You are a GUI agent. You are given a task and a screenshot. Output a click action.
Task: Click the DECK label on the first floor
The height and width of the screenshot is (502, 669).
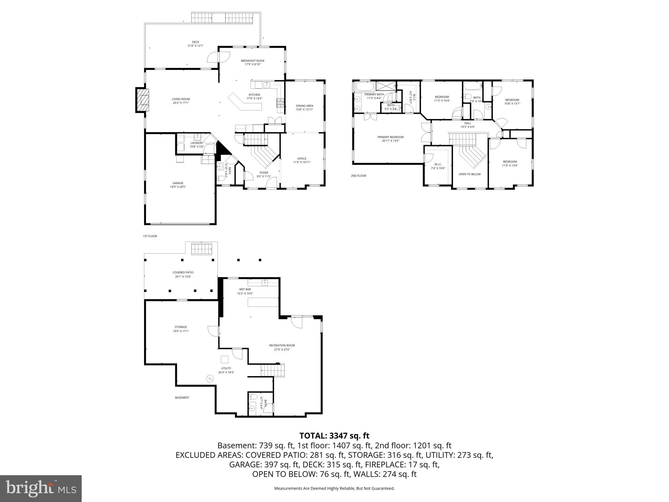point(195,42)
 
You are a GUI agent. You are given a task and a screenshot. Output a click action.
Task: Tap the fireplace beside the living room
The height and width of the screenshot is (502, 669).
point(142,100)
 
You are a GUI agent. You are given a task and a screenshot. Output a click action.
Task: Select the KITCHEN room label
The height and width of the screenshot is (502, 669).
point(254,95)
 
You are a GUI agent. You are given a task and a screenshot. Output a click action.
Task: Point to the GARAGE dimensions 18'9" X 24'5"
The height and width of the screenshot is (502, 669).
point(178,187)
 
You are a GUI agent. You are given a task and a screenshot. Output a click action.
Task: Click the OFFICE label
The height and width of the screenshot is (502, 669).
point(302,159)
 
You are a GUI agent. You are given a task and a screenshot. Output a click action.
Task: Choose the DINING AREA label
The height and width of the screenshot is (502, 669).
point(304,106)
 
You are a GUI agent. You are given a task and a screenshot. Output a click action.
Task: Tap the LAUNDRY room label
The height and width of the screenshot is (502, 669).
point(197,143)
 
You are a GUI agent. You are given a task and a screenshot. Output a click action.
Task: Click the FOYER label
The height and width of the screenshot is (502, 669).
point(264,173)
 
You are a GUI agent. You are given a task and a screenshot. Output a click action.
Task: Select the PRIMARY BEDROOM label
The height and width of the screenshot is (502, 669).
point(390,137)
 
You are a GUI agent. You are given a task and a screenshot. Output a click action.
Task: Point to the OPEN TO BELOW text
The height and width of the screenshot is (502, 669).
point(469,174)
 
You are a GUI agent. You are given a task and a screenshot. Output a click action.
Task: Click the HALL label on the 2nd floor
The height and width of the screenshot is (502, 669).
point(467,123)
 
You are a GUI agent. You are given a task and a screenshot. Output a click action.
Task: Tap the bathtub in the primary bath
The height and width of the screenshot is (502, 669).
point(364,87)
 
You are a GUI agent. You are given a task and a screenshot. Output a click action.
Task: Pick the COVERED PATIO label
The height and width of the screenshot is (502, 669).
point(183,273)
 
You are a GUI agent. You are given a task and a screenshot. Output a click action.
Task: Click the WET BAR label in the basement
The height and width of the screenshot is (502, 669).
point(245,290)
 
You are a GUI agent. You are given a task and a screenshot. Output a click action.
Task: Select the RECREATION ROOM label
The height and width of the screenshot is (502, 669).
point(282,345)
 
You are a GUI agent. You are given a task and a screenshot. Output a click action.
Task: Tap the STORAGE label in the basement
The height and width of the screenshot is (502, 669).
point(181,327)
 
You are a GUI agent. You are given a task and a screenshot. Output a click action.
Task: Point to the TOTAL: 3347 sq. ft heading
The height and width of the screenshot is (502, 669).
point(334,436)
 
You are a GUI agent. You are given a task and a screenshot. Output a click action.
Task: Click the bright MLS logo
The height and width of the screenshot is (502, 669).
point(41,488)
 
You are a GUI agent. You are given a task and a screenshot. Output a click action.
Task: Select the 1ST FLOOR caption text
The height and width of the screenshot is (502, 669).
point(150,236)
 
